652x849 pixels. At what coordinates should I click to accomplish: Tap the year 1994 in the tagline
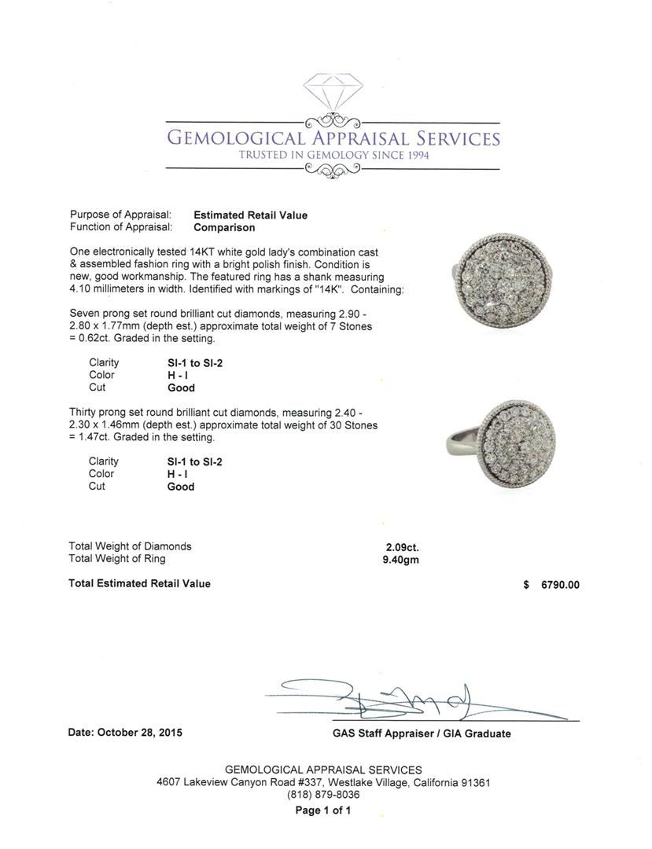(x=413, y=156)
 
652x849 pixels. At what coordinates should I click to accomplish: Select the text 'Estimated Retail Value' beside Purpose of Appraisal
(x=250, y=215)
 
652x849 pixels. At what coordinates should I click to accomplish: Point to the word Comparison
(x=224, y=227)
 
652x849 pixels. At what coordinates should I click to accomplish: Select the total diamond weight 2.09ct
(x=401, y=546)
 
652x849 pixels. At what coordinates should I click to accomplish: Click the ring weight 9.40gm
(x=401, y=559)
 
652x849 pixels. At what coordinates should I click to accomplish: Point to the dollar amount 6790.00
(x=560, y=585)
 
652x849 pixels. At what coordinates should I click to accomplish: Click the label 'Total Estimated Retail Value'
(x=139, y=583)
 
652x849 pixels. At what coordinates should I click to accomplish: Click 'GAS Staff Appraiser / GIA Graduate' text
(x=422, y=733)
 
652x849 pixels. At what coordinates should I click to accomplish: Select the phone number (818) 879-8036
(x=323, y=795)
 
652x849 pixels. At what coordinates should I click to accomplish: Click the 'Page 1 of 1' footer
(x=323, y=810)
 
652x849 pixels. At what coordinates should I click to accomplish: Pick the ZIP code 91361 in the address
(x=474, y=783)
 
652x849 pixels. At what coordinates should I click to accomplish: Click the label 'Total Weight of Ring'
(x=117, y=559)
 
